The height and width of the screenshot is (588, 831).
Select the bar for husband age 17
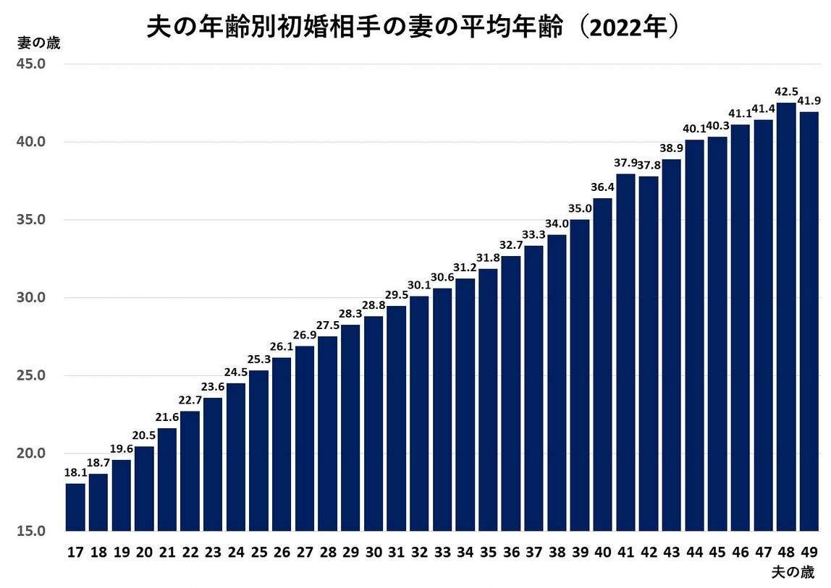[x=75, y=506]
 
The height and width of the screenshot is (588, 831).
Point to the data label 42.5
[x=786, y=92]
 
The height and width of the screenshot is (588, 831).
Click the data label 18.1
[x=75, y=472]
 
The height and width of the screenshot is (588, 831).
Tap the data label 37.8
[x=649, y=163]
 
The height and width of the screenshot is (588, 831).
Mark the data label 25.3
[x=259, y=359]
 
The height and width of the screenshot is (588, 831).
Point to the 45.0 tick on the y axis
[x=32, y=64]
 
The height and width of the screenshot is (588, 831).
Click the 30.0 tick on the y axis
[x=32, y=298]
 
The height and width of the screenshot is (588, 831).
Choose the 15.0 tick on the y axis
[x=32, y=532]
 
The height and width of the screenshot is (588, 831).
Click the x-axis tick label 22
[x=190, y=553]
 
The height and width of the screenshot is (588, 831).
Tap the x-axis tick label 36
[x=511, y=553]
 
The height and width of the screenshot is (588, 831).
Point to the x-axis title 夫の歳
[x=793, y=573]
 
